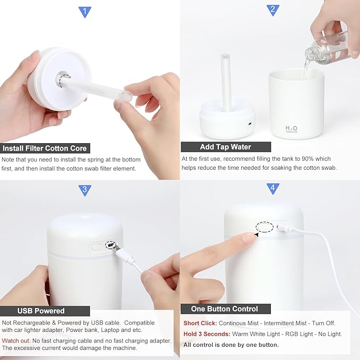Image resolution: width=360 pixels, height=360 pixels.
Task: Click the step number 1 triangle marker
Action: click(85, 11)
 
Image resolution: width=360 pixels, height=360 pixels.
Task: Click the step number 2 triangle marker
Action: click(273, 9)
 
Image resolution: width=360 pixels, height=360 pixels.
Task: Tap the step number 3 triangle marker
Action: click(85, 190)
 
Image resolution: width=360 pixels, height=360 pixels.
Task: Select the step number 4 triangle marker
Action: click(273, 188)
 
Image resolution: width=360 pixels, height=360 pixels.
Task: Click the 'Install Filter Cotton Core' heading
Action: click(45, 148)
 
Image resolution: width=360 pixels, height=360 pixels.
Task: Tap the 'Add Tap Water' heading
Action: click(225, 147)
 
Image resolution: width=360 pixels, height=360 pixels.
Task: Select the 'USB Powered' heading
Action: click(41, 311)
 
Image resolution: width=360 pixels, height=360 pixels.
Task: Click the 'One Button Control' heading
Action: click(225, 309)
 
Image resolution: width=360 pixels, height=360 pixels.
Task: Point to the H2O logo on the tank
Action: click(292, 129)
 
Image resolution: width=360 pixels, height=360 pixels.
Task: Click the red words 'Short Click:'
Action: click(199, 323)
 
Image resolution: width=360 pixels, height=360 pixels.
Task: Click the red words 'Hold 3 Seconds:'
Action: click(207, 334)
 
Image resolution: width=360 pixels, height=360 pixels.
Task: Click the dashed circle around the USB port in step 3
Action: click(110, 245)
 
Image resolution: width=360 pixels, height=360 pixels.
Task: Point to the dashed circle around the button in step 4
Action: click(264, 227)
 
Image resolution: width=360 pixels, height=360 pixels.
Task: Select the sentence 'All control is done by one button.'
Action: click(231, 345)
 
